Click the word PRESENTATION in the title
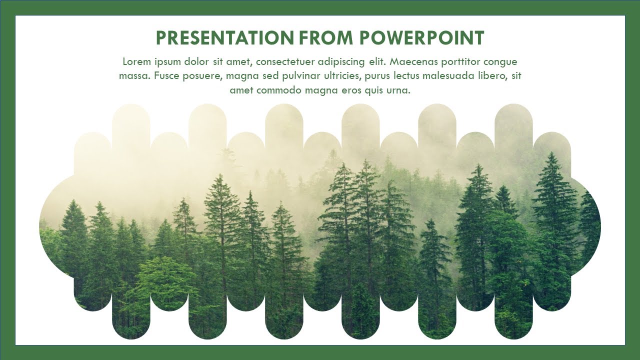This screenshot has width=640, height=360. point(225,38)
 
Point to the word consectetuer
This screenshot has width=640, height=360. point(287,62)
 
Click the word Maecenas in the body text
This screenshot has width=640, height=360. point(412,62)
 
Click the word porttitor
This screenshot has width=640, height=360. point(460,62)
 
